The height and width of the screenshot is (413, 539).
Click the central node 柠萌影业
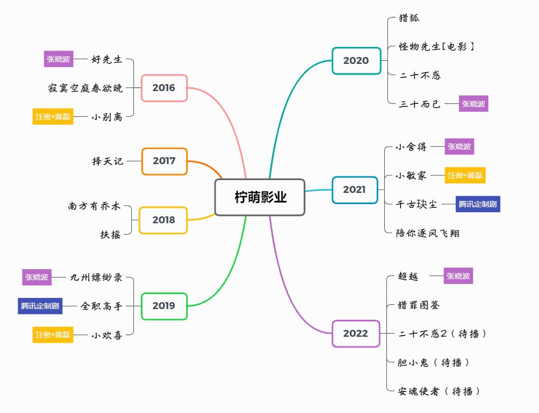tap(260, 197)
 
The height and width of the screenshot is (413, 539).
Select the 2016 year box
tap(164, 88)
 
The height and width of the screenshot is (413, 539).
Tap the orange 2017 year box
tap(164, 161)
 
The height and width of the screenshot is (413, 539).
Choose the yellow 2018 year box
tap(163, 220)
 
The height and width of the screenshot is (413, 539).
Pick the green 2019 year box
tap(164, 306)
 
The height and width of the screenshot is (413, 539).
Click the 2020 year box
tap(356, 61)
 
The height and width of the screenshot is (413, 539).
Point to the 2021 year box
tap(355, 190)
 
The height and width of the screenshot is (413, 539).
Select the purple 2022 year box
tap(356, 334)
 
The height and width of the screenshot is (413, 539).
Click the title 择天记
tap(108, 161)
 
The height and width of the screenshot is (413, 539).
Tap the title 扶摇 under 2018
tap(110, 234)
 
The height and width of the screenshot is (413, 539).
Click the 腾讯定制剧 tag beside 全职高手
tap(40, 306)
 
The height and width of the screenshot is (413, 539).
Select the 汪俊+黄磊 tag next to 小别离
tap(53, 117)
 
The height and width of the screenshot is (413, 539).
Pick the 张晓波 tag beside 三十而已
tap(473, 104)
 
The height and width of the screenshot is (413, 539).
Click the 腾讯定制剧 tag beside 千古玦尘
tap(478, 204)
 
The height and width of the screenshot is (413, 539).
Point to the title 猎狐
tap(409, 18)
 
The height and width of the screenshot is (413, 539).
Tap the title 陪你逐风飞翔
tap(427, 233)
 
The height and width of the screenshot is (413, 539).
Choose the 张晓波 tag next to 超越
tap(458, 276)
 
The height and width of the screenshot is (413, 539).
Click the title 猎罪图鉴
tap(419, 305)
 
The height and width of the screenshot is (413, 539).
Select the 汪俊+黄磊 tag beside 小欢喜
tap(53, 335)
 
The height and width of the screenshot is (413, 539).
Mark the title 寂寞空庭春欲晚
tap(85, 88)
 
